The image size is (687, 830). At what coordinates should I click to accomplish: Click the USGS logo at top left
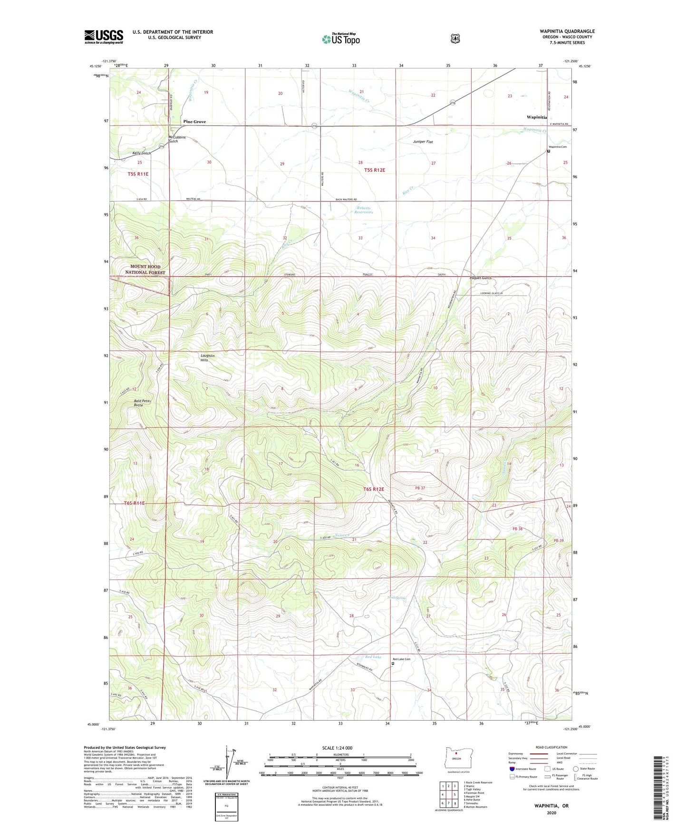[104, 37]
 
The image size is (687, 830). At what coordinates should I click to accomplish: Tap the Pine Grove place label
[194, 122]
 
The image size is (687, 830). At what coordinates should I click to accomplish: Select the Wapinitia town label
[536, 117]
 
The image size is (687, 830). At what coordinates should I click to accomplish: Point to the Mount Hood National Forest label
[145, 270]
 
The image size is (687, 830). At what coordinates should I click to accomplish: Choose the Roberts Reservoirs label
[363, 210]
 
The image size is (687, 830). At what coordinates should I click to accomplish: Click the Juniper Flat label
[423, 142]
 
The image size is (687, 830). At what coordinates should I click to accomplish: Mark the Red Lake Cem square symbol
[392, 665]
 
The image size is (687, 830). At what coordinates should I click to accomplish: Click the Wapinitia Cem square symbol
[548, 152]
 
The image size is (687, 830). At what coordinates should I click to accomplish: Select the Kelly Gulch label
[141, 153]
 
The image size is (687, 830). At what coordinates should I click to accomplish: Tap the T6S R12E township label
[373, 489]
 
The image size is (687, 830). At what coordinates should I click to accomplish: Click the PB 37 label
[419, 488]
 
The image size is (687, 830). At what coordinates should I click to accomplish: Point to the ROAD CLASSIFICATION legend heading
[552, 747]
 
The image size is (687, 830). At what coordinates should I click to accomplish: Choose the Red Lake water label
[374, 657]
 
